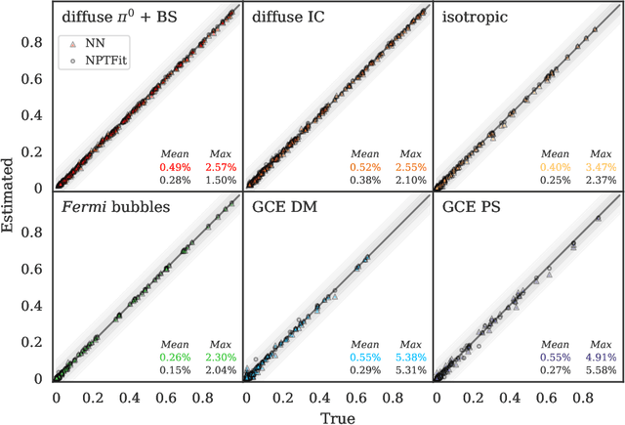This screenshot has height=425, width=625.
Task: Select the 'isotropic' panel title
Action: pyautogui.click(x=471, y=17)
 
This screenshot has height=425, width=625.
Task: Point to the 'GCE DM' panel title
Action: pyautogui.click(x=280, y=207)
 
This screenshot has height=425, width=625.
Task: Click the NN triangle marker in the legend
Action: pyautogui.click(x=67, y=43)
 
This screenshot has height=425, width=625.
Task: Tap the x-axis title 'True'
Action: pyautogui.click(x=337, y=415)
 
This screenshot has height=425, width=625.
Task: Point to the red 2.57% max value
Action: pyautogui.click(x=220, y=167)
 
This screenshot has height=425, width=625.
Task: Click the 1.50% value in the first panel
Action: pyautogui.click(x=220, y=180)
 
